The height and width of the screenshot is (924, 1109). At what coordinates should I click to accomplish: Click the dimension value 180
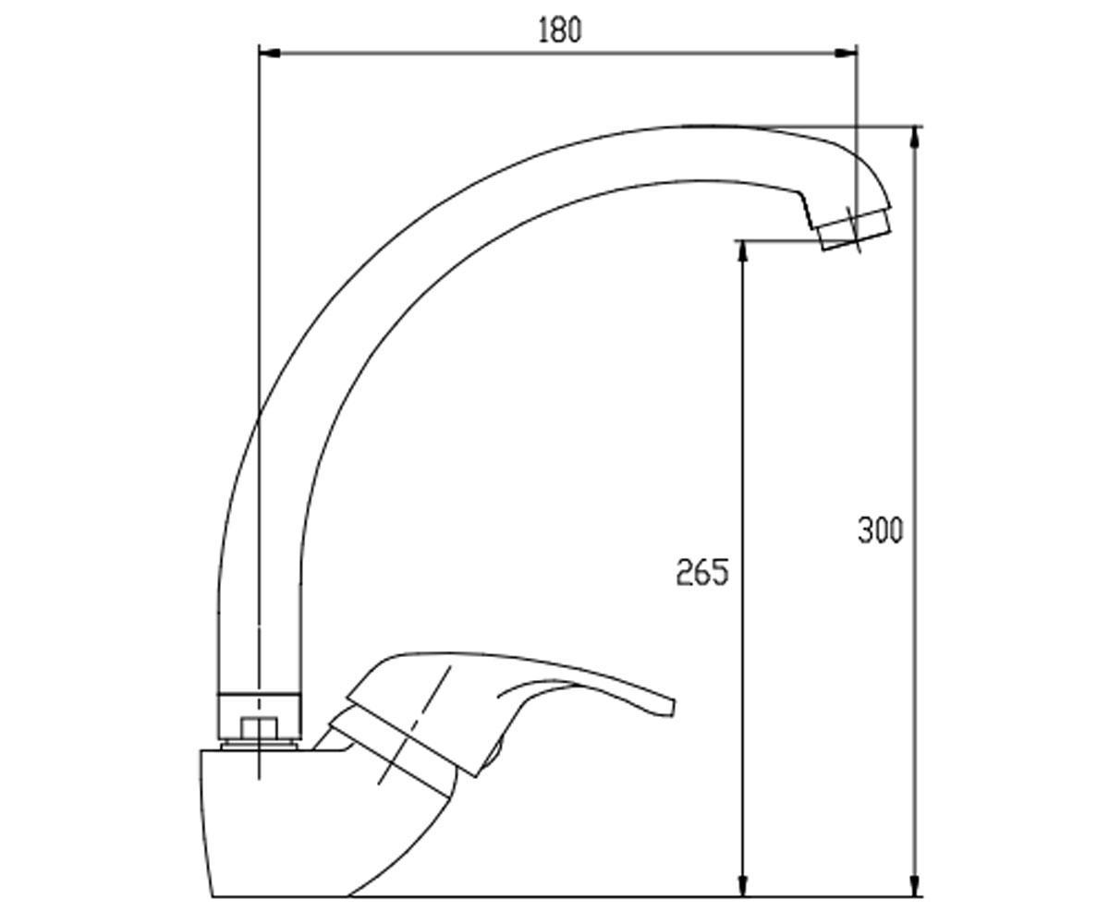click(560, 30)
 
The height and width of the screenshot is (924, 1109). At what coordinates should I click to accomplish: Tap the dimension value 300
click(880, 530)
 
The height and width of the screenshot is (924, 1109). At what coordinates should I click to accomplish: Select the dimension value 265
click(702, 573)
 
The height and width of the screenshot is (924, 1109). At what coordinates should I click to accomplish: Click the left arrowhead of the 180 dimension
click(269, 53)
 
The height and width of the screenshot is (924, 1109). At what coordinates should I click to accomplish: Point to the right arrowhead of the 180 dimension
click(846, 53)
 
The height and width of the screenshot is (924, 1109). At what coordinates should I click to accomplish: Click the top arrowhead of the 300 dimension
click(914, 137)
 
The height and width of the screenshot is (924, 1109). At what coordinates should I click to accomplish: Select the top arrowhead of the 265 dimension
click(743, 251)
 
